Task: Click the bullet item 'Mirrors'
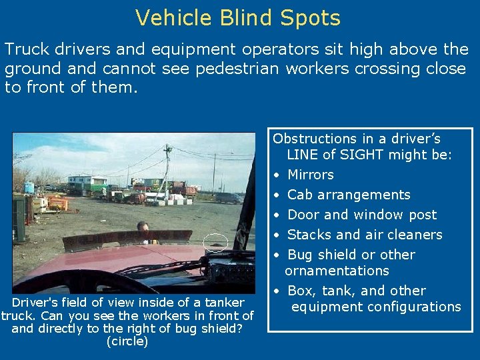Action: click(310, 175)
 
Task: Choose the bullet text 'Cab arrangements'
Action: click(349, 195)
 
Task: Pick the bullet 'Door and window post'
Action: click(362, 215)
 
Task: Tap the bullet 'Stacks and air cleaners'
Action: click(365, 235)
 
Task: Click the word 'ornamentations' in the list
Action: click(337, 271)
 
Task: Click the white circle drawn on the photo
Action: click(215, 241)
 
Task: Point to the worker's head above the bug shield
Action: click(143, 227)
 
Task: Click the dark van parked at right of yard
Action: click(227, 198)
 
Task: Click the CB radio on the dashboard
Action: click(231, 270)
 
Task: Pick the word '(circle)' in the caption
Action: click(127, 342)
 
